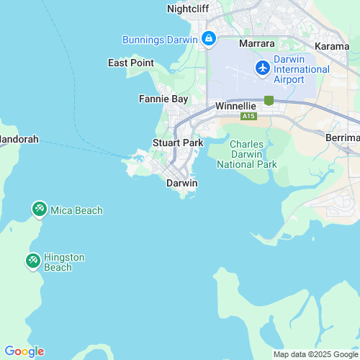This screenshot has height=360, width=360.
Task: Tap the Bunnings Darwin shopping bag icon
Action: coord(209,38)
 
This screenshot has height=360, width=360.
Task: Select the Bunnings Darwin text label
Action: coord(160,39)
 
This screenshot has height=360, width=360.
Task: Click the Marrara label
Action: coord(257,44)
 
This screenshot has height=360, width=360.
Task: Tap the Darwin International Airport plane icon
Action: coord(263,67)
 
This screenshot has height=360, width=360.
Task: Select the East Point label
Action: coord(131,63)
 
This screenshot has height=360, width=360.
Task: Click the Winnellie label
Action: coord(236,106)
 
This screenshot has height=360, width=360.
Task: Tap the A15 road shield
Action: coord(248,116)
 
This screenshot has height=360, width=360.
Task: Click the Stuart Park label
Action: coord(178,143)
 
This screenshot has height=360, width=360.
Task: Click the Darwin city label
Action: coord(181,184)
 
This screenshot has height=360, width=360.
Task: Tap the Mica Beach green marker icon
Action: coord(39,210)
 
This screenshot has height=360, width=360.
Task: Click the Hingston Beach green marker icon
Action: coord(33,261)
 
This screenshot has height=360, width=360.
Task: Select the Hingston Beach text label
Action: coord(64,262)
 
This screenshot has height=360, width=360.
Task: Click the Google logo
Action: coord(24,351)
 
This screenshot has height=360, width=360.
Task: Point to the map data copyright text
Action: coord(315,354)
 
